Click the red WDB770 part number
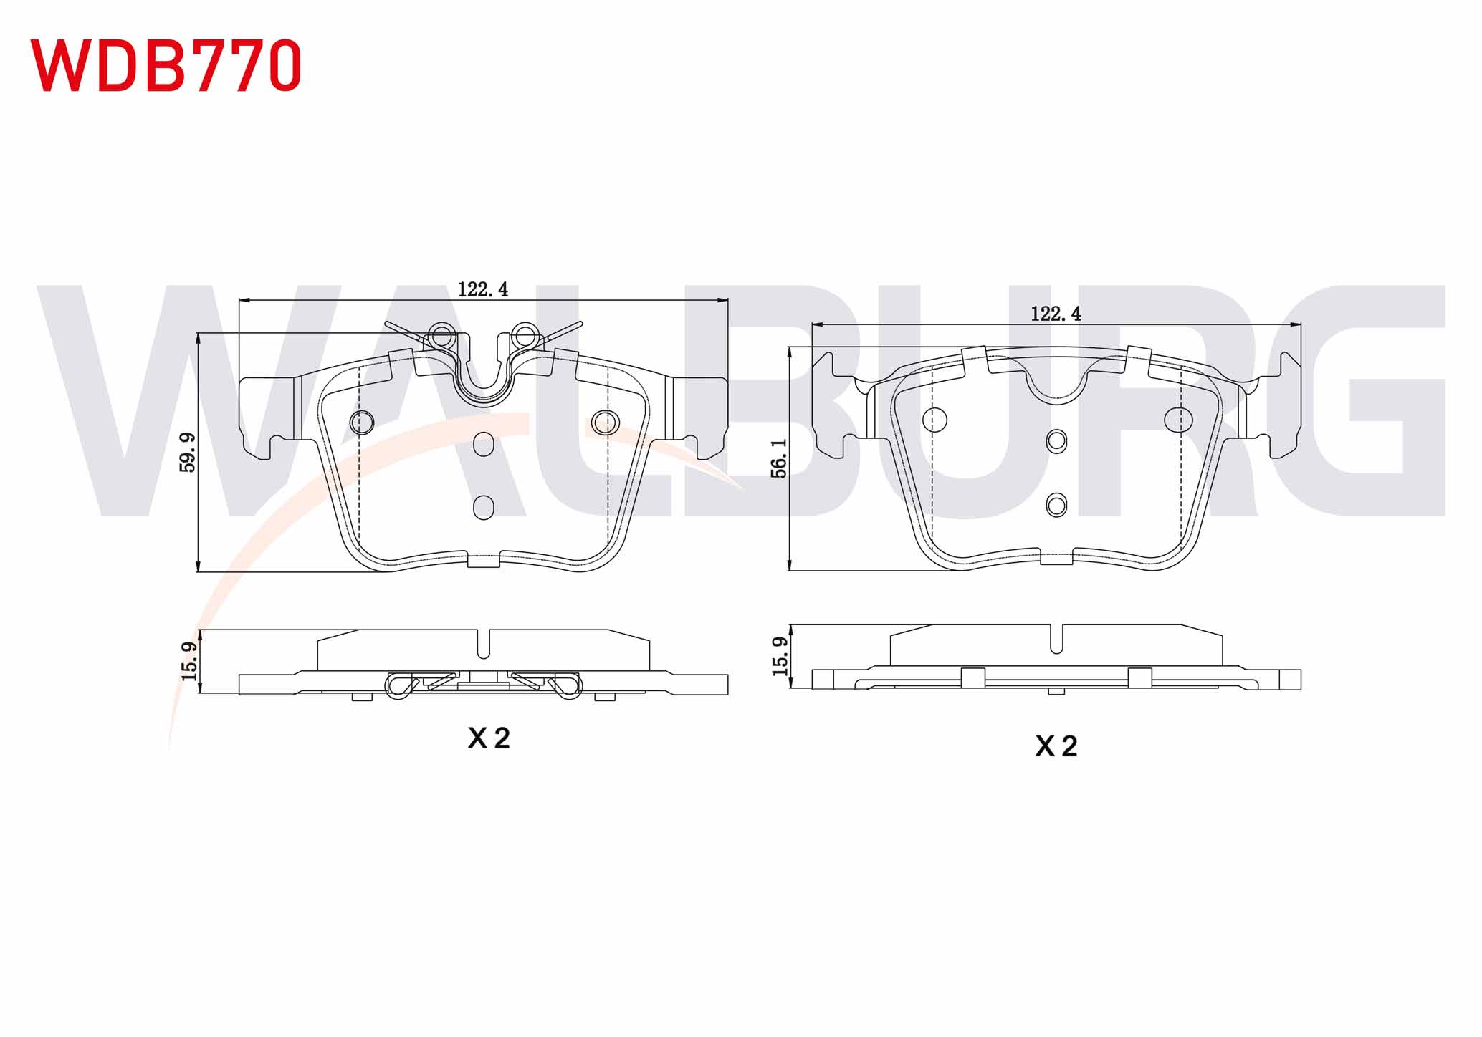click(x=166, y=65)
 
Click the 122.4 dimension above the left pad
click(x=483, y=289)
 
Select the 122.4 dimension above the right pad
click(x=1056, y=314)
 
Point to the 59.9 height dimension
click(x=188, y=452)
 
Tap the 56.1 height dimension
click(x=779, y=458)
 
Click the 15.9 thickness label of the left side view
click(x=189, y=660)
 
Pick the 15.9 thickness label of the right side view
click(x=780, y=656)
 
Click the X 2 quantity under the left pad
click(x=489, y=738)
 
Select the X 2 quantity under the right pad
click(x=1056, y=747)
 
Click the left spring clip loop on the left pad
click(x=441, y=335)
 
